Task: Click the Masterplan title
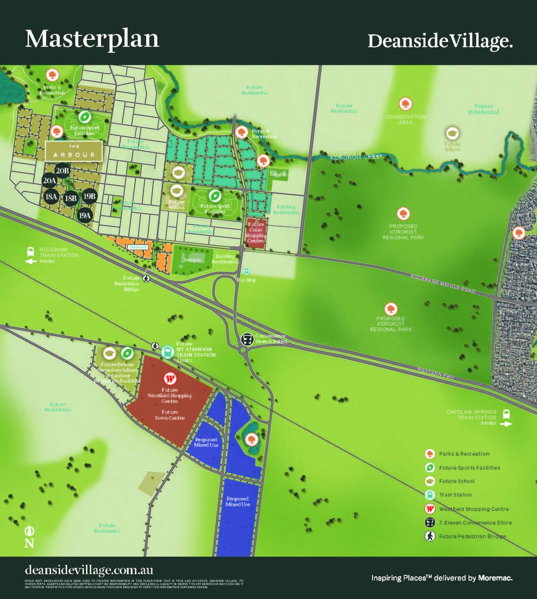click(92, 39)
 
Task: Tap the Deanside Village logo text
click(439, 41)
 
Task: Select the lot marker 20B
click(62, 171)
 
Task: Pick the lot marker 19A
click(85, 215)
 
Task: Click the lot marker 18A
click(52, 196)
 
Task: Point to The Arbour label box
click(73, 151)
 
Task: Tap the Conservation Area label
click(406, 119)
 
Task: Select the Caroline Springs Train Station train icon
click(506, 415)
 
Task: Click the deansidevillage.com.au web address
click(89, 570)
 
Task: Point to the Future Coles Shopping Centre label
click(256, 232)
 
